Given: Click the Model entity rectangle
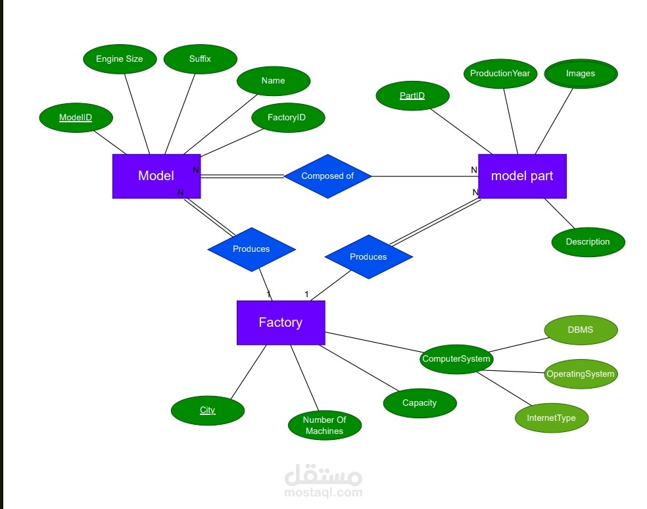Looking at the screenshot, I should click(156, 176).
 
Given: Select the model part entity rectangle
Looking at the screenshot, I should click(522, 176).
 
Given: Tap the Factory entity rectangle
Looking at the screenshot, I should click(280, 322).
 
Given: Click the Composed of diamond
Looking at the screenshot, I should click(327, 176).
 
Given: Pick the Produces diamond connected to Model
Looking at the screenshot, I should click(251, 249).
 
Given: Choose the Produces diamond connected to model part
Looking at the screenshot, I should click(368, 256).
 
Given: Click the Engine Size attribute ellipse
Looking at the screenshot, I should click(119, 59).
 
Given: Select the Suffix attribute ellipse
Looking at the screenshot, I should click(200, 59).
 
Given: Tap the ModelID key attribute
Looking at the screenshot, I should click(76, 118).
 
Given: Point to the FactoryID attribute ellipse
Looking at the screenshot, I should click(287, 118).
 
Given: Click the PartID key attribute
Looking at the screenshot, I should click(412, 96).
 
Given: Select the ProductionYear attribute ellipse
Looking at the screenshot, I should click(500, 73).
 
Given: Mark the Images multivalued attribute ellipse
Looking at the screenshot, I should click(581, 73).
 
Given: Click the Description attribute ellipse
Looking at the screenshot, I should click(588, 241).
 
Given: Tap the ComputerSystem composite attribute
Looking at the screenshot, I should click(456, 358).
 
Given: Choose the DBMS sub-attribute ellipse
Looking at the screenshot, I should click(581, 329).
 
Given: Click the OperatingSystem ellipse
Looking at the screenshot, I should click(581, 374).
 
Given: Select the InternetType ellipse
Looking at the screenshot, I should click(551, 418).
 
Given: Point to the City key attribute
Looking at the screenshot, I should click(207, 410).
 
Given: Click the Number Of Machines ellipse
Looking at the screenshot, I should click(324, 425).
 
